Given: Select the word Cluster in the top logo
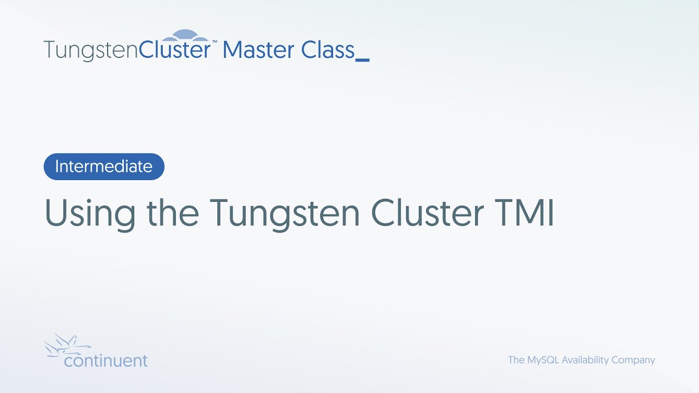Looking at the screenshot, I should (175, 50).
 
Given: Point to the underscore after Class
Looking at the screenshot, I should (363, 59).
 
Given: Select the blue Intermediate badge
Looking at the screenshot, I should (104, 166).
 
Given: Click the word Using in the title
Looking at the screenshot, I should (90, 213).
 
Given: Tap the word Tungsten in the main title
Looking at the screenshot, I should (284, 213).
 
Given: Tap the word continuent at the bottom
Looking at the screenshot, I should (105, 361).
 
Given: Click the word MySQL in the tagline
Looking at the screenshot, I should (543, 360).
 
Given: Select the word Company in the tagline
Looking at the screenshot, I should (636, 360).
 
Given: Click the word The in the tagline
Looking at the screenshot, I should (516, 360).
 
